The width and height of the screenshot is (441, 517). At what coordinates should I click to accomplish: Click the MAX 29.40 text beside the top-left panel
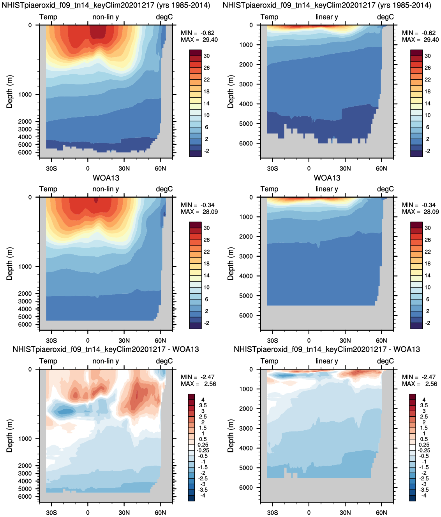[199, 40]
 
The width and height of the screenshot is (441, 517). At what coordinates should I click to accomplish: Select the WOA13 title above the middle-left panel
[106, 178]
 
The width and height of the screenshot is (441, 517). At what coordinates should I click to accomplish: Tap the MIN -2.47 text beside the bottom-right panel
[419, 377]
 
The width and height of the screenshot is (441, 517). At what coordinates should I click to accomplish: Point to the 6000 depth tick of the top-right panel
[246, 144]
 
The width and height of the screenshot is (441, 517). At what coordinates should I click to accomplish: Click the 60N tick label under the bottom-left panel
[160, 513]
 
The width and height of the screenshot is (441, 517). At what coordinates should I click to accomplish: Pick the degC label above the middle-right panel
[385, 189]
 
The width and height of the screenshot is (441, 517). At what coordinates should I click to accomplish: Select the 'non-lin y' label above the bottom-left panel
[106, 361]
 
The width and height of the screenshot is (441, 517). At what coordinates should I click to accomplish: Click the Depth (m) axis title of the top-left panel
[10, 91]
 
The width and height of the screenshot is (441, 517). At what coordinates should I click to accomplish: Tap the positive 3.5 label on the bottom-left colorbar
[203, 405]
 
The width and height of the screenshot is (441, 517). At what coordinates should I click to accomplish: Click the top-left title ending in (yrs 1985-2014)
[106, 5]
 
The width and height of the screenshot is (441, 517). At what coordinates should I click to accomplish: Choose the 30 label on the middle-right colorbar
[428, 228]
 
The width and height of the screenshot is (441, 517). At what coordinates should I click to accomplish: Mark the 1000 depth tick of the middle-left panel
[25, 267]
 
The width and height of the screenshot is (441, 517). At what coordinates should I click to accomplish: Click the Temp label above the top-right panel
[269, 17]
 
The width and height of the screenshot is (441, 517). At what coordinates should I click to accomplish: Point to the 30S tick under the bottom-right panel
[272, 513]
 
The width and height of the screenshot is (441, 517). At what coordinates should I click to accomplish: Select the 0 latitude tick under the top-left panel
[88, 168]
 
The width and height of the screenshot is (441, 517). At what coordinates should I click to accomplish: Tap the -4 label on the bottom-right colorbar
[423, 496]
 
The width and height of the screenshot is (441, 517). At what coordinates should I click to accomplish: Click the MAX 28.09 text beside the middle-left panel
[199, 212]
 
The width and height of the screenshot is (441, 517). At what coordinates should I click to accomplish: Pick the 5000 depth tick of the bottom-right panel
[246, 468]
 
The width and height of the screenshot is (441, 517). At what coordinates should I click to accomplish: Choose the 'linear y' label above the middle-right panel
[327, 189]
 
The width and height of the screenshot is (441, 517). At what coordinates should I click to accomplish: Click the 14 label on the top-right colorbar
[428, 103]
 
